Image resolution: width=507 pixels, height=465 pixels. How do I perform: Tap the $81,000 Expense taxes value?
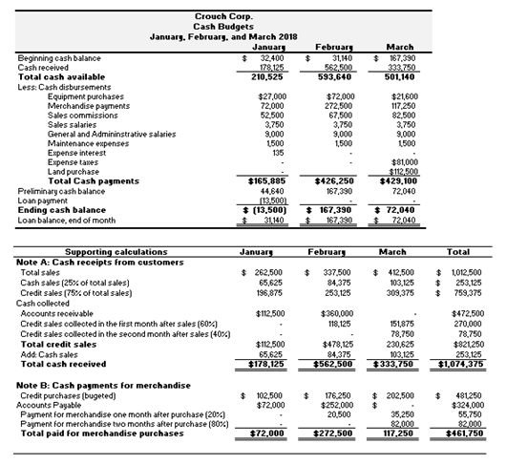[398, 163]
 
